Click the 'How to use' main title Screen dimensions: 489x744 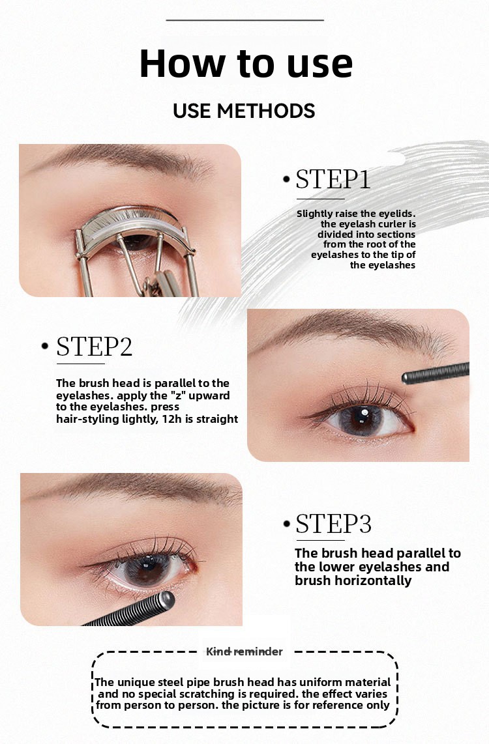click(x=246, y=64)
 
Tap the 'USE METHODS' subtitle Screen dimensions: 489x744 click(x=244, y=111)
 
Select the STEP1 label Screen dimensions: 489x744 click(x=333, y=179)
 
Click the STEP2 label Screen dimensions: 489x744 click(x=94, y=347)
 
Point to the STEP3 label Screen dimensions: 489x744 click(x=333, y=524)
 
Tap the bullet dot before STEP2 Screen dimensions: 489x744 click(x=45, y=346)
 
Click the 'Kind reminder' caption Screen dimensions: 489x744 click(x=244, y=651)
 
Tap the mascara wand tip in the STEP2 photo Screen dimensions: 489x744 click(x=406, y=378)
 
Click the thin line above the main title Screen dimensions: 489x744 click(x=245, y=20)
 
